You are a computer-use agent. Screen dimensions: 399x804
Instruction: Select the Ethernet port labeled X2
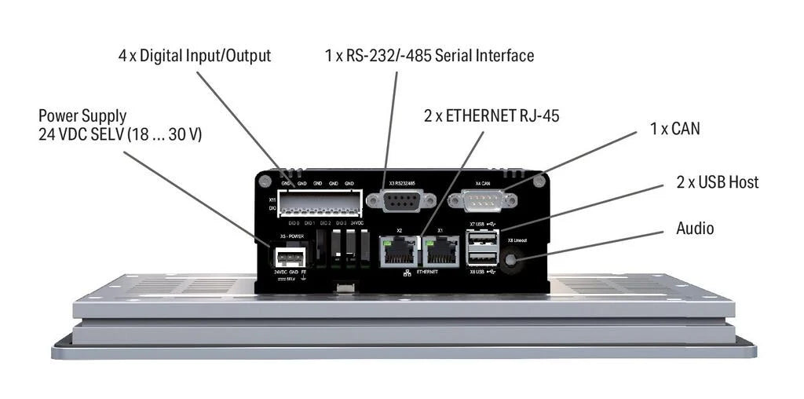[x=399, y=251]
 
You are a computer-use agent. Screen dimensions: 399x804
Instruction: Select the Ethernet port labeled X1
[x=440, y=251]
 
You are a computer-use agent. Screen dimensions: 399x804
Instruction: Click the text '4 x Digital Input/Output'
[x=194, y=56]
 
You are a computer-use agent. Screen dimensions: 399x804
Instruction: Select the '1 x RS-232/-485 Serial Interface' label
[x=429, y=56]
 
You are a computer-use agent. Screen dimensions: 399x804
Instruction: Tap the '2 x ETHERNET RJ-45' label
[x=492, y=117]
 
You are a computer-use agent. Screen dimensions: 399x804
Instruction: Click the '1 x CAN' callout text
[x=674, y=128]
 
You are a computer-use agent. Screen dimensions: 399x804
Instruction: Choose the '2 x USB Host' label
[x=718, y=182]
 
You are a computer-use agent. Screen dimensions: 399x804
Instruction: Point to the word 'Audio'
[x=695, y=229]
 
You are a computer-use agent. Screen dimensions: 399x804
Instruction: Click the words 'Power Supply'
[x=82, y=116]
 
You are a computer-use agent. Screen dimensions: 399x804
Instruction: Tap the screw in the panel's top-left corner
[x=266, y=181]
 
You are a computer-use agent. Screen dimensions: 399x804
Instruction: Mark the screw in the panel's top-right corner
[x=538, y=181]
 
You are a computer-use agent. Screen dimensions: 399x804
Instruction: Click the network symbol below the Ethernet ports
[x=407, y=273]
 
